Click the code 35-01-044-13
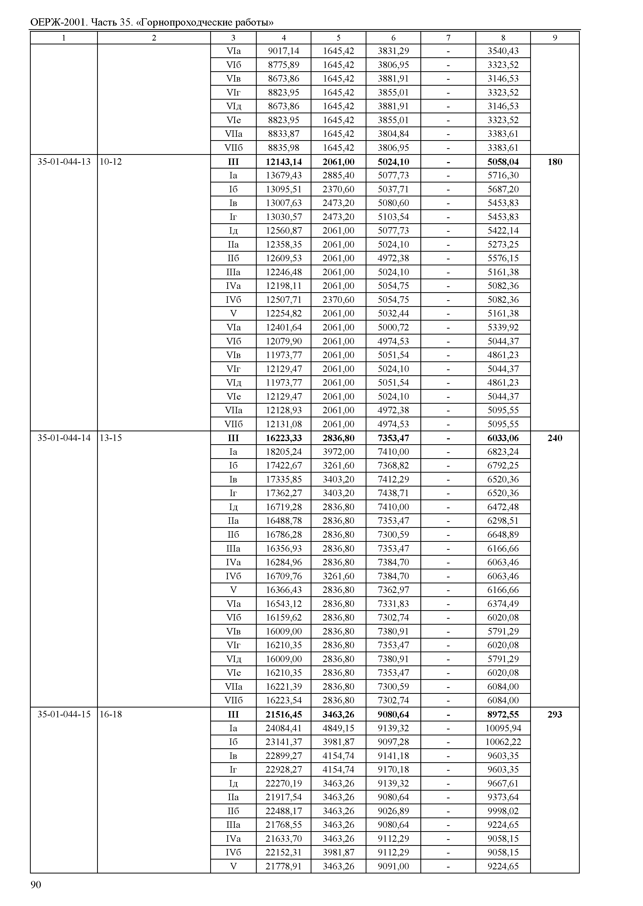point(64,162)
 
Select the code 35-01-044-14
point(64,438)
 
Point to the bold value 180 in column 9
point(554,162)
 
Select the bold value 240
point(554,438)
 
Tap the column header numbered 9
point(554,38)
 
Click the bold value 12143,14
point(284,162)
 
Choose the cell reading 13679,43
point(284,175)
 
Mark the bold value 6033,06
point(503,438)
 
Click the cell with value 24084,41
point(284,728)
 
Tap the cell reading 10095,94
point(503,728)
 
